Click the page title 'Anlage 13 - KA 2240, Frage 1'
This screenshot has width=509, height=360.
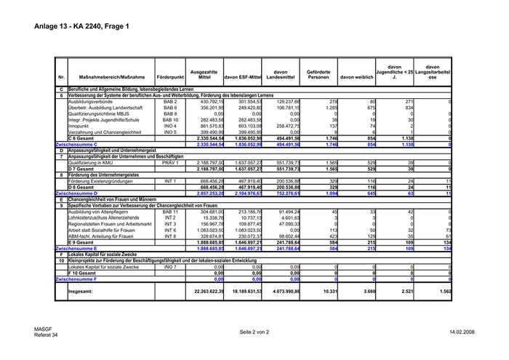[81, 27]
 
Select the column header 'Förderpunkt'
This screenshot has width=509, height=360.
[170, 76]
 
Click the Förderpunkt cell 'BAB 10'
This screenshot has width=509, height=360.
[170, 119]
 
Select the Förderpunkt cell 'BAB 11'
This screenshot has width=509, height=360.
[170, 212]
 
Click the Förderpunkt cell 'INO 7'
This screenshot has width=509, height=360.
[170, 267]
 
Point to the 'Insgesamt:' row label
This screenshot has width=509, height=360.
[81, 290]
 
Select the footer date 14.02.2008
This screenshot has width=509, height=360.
[462, 332]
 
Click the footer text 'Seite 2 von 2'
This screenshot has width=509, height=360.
[254, 332]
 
